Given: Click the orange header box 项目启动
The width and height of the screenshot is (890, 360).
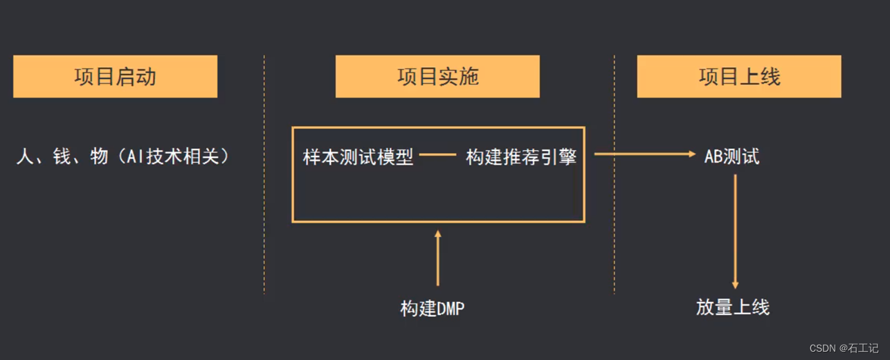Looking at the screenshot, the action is point(115,76).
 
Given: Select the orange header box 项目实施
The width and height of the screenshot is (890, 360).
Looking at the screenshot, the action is point(437,76).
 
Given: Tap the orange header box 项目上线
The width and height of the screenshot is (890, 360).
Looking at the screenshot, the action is point(739,76).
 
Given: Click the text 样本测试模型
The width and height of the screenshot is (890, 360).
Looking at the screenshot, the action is point(358,157).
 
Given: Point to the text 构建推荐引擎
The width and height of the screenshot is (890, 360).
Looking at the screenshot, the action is point(521,157).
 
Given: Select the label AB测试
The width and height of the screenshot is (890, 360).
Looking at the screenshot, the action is point(732,157).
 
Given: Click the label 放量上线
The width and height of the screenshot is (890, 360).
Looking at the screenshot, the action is point(733,307).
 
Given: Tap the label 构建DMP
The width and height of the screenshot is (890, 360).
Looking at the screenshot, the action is point(433,309).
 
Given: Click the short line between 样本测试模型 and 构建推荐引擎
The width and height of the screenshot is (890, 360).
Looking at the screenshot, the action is point(438,155).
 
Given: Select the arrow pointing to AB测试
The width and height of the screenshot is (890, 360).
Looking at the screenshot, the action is point(644,154).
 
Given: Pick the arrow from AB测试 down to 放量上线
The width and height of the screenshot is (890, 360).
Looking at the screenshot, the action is point(735,232).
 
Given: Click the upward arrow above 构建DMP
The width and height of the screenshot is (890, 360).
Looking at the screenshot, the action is point(437,258).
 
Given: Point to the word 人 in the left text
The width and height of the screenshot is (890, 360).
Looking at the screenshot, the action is point(25,156).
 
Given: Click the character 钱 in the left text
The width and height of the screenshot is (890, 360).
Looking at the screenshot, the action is point(62,156).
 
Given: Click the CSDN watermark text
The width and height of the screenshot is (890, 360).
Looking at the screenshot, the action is point(844,348).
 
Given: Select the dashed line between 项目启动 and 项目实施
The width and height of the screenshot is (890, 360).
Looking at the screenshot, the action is point(264,173).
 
